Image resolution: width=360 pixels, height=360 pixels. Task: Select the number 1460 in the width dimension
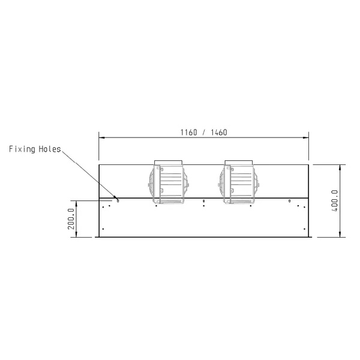(x=218, y=133)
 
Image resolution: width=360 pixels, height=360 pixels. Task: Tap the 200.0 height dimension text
(x=71, y=219)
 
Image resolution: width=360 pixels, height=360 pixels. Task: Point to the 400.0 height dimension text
(x=335, y=201)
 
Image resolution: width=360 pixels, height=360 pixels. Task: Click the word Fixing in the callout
(x=22, y=149)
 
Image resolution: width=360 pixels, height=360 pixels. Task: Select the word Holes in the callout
(x=49, y=149)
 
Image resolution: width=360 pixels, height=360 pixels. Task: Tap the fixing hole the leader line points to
(x=118, y=200)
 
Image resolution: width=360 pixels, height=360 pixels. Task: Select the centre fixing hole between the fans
(x=204, y=200)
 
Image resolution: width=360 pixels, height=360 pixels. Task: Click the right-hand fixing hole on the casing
(x=289, y=200)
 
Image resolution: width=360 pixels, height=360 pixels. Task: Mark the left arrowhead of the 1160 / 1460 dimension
(x=101, y=137)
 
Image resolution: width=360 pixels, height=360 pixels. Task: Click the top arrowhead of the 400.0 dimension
(x=340, y=166)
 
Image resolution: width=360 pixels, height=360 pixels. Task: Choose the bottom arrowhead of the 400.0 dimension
(x=340, y=235)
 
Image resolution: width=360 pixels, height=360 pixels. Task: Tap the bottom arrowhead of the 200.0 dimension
(x=76, y=235)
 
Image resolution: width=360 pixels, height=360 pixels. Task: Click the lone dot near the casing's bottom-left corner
(x=103, y=229)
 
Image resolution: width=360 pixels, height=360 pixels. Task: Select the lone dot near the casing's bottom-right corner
(x=304, y=229)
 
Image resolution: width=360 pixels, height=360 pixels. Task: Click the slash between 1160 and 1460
(x=203, y=133)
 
